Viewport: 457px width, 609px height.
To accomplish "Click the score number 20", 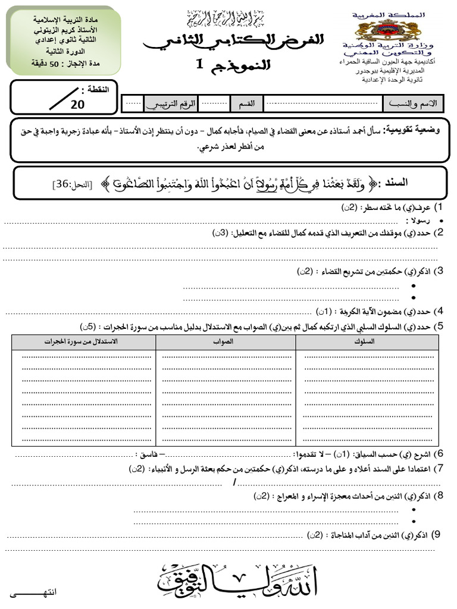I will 77,105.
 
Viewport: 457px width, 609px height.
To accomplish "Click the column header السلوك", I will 367,342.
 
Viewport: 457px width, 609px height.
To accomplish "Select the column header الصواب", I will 226,342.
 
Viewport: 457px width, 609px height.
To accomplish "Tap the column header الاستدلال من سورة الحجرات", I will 83,342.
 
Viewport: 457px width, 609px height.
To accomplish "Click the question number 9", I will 437,535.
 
